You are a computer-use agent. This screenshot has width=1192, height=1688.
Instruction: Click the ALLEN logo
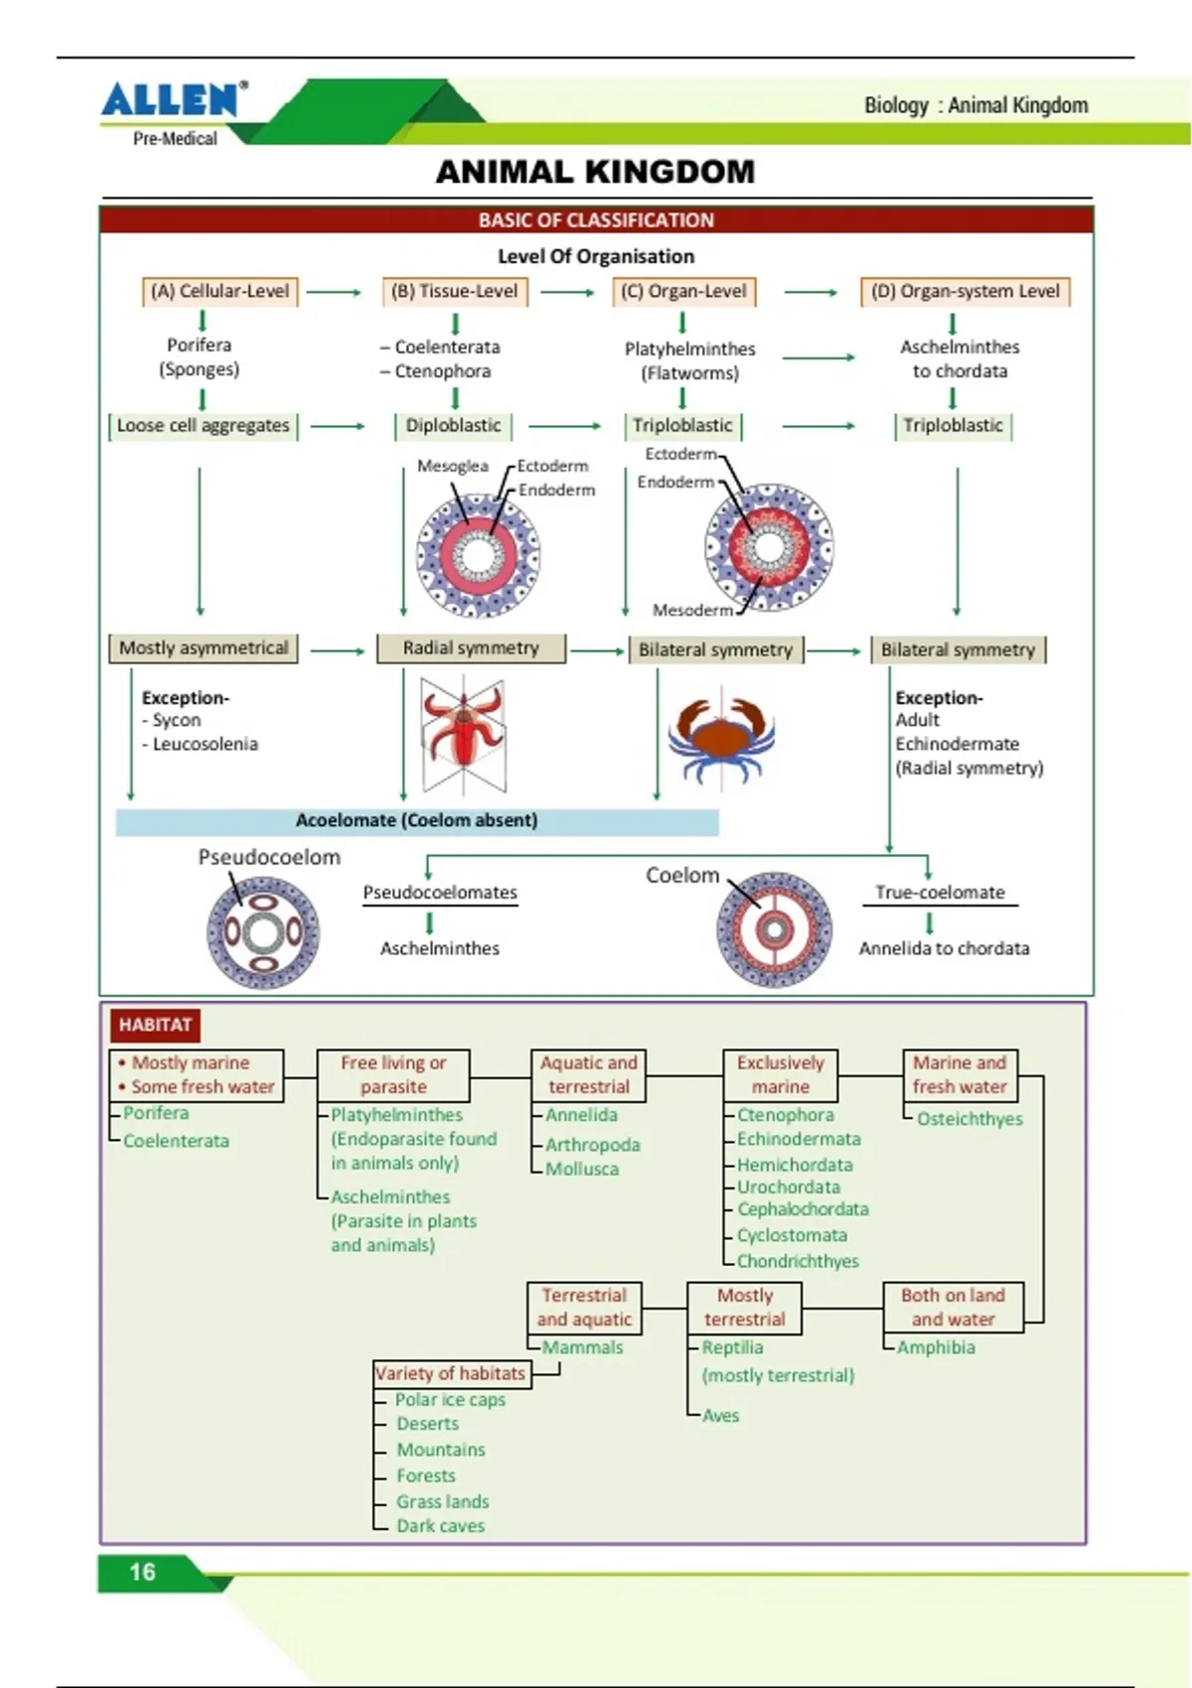pyautogui.click(x=174, y=99)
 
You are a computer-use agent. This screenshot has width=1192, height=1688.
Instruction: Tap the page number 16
pyautogui.click(x=142, y=1572)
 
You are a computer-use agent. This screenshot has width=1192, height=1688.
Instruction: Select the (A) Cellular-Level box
pyautogui.click(x=221, y=292)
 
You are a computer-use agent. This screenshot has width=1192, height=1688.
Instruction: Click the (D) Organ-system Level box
pyautogui.click(x=966, y=292)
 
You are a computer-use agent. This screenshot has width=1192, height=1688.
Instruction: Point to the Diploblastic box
pyautogui.click(x=453, y=426)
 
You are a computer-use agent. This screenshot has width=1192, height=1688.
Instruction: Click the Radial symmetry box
pyautogui.click(x=471, y=648)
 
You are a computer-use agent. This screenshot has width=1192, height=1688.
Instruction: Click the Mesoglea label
pyautogui.click(x=453, y=467)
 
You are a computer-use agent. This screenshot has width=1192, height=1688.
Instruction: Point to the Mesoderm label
pyautogui.click(x=693, y=611)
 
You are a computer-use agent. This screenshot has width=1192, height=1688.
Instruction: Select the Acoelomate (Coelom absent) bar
pyautogui.click(x=417, y=821)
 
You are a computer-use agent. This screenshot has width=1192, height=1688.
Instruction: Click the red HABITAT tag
pyautogui.click(x=155, y=1026)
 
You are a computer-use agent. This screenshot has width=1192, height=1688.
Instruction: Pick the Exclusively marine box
pyautogui.click(x=781, y=1075)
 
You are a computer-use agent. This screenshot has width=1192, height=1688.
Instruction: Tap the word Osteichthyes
pyautogui.click(x=969, y=1119)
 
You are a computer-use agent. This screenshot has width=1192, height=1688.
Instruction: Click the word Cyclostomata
pyautogui.click(x=792, y=1235)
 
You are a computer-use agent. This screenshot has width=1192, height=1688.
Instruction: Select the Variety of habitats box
pyautogui.click(x=452, y=1374)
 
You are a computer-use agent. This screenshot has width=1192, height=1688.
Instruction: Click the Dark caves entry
pyautogui.click(x=440, y=1526)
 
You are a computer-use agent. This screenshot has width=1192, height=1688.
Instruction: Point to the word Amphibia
pyautogui.click(x=936, y=1347)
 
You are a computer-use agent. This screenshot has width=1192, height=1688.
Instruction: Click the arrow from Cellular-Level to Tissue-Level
pyautogui.click(x=334, y=292)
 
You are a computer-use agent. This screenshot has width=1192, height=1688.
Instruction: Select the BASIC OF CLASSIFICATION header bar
pyautogui.click(x=596, y=220)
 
